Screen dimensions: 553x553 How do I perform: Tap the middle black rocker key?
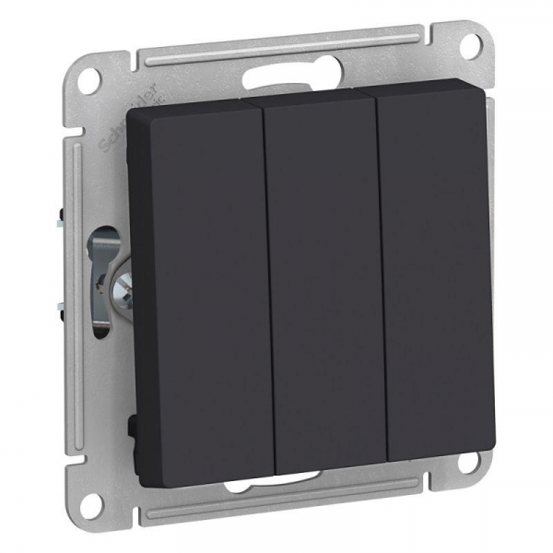(323, 276)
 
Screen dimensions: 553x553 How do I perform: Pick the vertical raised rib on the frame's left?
(74, 276)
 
